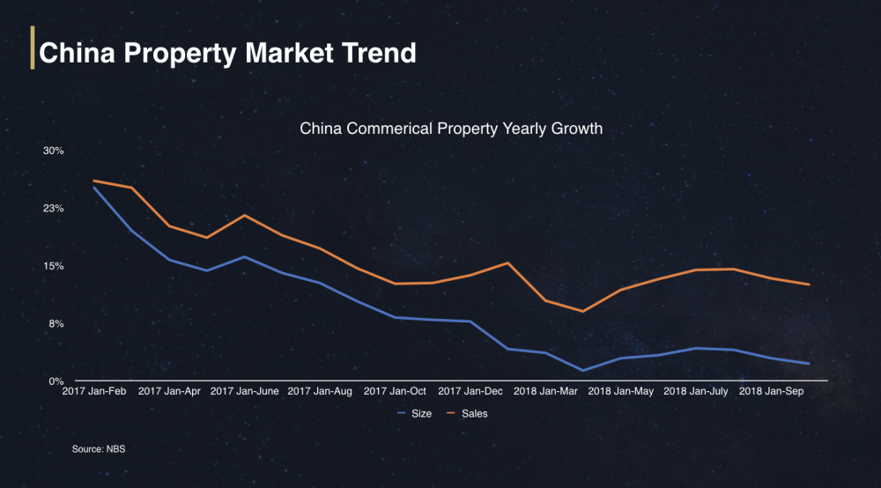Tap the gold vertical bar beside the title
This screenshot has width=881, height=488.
pos(33,48)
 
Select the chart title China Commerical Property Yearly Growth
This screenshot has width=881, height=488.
pos(451,129)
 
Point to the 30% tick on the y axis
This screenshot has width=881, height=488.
pos(54,151)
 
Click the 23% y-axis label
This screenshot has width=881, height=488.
pos(54,209)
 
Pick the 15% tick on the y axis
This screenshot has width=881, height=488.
pos(54,266)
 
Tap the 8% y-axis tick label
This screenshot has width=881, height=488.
pos(56,324)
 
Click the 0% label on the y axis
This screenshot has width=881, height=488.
pos(56,381)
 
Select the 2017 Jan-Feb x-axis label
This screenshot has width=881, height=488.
pos(93,390)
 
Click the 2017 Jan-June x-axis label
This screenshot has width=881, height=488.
pos(245,390)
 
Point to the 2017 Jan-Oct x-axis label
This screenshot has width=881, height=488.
pos(395,390)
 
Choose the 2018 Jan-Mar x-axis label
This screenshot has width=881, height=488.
pos(544,390)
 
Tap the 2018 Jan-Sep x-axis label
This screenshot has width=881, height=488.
pos(770,390)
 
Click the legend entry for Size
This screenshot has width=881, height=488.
pos(415,413)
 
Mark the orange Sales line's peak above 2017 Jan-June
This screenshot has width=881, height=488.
pos(244,215)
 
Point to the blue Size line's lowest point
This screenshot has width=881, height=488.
pos(583,371)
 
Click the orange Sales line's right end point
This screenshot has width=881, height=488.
pos(809,285)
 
